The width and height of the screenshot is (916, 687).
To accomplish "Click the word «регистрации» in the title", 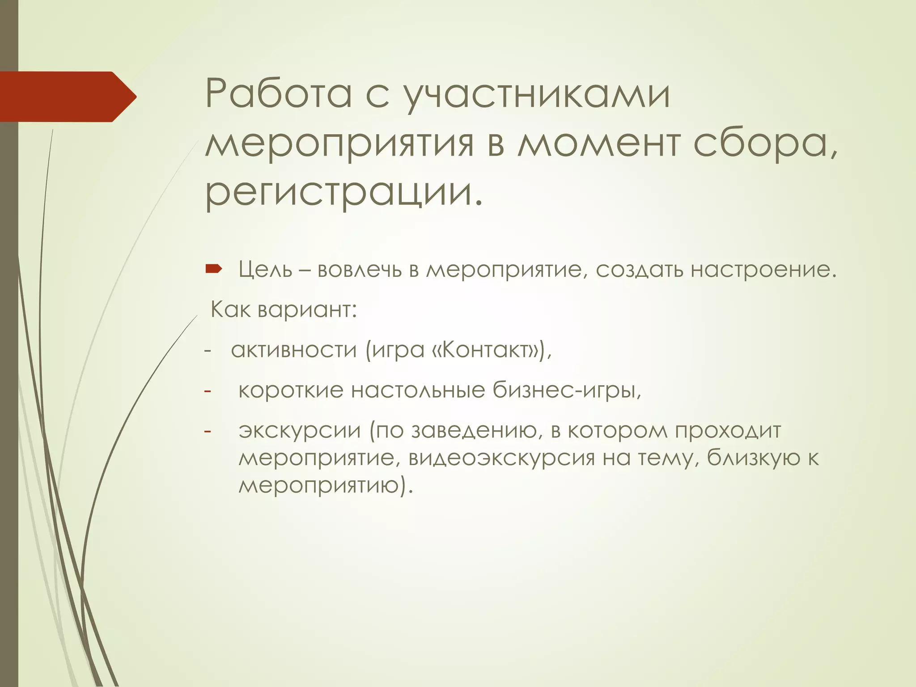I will (343, 193).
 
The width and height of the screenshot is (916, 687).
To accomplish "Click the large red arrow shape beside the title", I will (67, 97).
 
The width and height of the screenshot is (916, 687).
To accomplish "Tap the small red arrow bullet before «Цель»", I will (213, 269).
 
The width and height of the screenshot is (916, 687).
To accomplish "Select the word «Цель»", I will (265, 270).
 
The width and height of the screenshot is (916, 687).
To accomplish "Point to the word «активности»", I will (293, 350).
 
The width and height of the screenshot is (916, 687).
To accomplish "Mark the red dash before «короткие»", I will (207, 391).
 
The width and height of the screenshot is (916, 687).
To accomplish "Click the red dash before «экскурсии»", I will (207, 431).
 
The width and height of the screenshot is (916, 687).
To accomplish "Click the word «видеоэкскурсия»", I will (501, 459).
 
